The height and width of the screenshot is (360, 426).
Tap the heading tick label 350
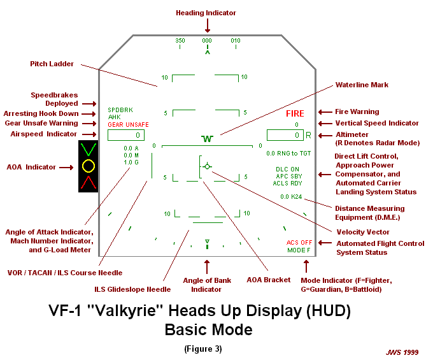click(180, 40)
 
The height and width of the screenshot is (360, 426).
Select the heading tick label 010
click(236, 40)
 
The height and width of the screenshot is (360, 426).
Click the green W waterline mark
click(206, 138)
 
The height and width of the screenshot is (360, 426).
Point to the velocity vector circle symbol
click(207, 166)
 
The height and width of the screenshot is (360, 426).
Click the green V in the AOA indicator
click(89, 150)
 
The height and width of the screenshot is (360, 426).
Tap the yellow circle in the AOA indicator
click(89, 167)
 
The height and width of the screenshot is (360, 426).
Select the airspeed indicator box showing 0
click(126, 135)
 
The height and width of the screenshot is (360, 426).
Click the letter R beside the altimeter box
click(308, 135)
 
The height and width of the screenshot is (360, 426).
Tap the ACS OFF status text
click(299, 243)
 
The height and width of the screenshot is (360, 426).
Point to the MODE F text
click(299, 250)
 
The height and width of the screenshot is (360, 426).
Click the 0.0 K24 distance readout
click(291, 197)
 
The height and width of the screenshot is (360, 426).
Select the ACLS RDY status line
click(288, 183)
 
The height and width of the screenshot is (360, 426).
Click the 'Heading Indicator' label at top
click(206, 13)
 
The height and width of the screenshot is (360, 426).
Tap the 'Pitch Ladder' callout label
click(52, 64)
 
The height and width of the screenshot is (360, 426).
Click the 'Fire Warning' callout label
click(357, 112)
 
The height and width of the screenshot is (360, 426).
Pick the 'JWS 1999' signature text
click(403, 352)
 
